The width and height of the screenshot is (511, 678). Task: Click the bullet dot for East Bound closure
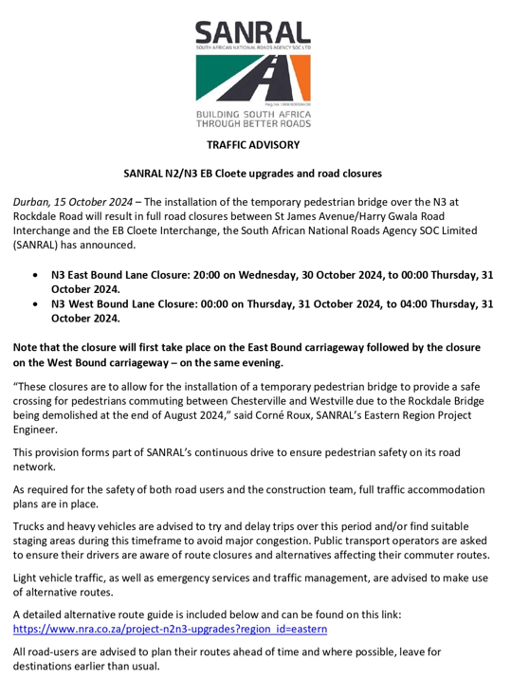(x=35, y=276)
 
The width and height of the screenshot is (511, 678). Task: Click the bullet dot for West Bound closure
(x=35, y=304)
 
